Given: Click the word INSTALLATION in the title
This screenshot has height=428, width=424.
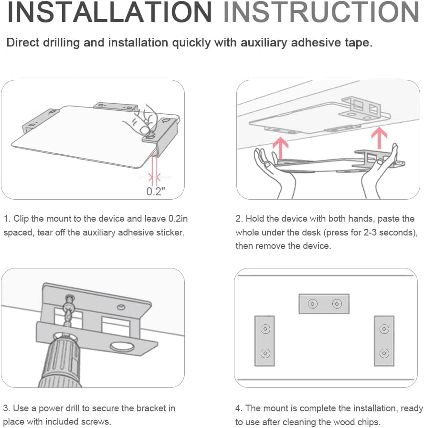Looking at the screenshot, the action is (109, 12).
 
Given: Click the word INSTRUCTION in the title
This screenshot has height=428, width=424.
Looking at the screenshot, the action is (321, 12).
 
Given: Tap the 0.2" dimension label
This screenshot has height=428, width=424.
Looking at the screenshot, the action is (156, 192).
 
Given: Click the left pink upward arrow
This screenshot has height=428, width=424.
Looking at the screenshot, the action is (280, 148).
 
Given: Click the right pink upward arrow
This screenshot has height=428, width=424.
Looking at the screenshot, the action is (379, 138).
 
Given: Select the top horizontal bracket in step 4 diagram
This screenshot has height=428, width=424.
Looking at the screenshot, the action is (324, 304).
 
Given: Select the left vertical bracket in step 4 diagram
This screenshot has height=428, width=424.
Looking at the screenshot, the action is (265, 341).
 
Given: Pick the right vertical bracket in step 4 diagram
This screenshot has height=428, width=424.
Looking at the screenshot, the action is (384, 341).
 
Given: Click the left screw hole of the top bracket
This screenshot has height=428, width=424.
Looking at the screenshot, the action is (313, 304).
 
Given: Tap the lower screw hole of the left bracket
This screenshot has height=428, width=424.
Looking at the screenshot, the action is (265, 353).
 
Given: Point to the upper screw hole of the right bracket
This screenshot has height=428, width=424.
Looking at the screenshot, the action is (384, 329).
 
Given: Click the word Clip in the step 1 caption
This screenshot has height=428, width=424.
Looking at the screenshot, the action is (21, 219).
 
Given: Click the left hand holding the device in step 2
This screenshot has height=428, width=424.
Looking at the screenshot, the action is (273, 172).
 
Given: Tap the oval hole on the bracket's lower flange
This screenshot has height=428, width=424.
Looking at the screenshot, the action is (122, 347).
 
